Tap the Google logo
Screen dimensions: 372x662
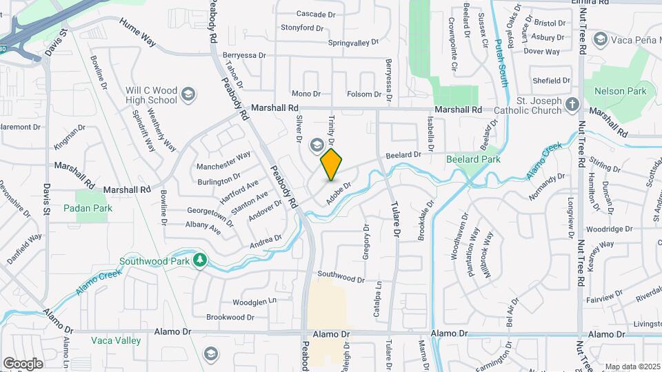[x=23, y=363]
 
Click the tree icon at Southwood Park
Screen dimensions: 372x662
[x=200, y=260]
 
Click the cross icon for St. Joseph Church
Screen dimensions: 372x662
[x=571, y=105]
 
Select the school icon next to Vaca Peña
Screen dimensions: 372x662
[x=599, y=39]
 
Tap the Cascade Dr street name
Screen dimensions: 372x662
[x=315, y=14]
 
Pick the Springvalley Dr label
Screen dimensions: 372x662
[x=354, y=42]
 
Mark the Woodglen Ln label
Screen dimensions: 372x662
[x=254, y=301]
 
